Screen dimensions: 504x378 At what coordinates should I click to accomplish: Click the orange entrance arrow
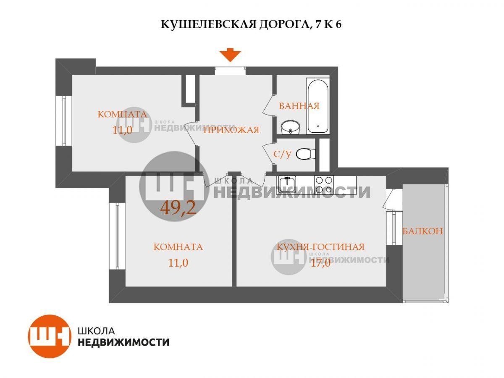230,55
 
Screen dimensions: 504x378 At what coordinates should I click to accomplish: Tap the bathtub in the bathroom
318,106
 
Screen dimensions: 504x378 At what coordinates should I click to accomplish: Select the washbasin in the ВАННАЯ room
291,128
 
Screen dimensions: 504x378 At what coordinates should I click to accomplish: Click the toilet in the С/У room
306,154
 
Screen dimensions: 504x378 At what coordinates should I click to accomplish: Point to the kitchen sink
287,184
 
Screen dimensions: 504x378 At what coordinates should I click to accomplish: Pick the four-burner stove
324,184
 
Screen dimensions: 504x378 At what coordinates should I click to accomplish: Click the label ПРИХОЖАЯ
231,130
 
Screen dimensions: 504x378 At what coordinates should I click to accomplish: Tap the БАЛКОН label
423,231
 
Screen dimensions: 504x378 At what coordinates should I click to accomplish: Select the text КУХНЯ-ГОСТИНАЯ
320,247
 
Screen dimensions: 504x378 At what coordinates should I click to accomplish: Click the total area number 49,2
178,208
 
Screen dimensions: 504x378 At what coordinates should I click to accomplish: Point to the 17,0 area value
320,262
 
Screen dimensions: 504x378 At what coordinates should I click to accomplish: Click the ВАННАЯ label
299,106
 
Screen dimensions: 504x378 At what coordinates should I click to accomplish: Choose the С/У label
282,154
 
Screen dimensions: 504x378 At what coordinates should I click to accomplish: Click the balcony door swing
390,199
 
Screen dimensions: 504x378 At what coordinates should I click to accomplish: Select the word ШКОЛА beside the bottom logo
97,331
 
